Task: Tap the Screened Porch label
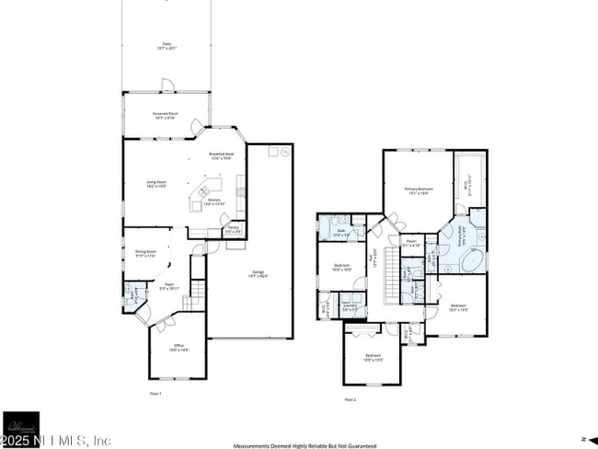(x=166, y=115)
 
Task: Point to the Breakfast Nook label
(x=222, y=155)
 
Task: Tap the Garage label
(x=259, y=272)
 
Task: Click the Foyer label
(x=167, y=286)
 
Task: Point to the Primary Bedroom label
(x=419, y=190)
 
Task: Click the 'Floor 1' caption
(x=155, y=393)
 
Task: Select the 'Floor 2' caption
(x=350, y=399)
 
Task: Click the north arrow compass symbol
(x=581, y=438)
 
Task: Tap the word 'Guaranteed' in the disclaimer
(x=351, y=444)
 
